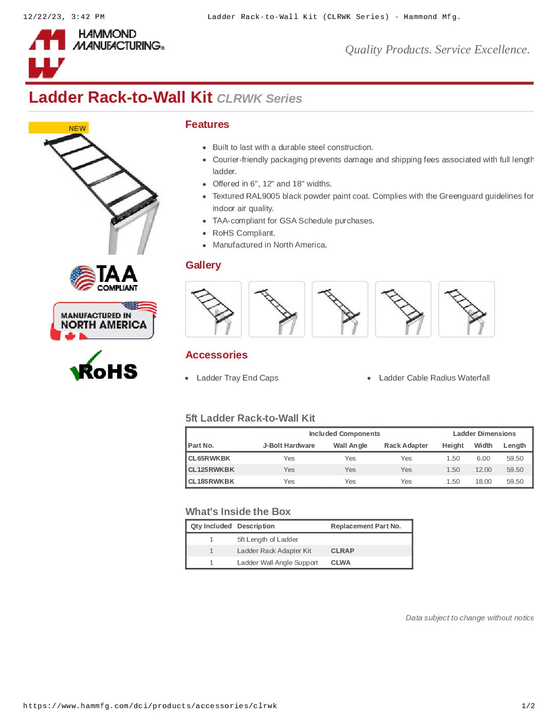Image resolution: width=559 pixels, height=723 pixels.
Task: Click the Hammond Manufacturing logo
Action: pos(96,52)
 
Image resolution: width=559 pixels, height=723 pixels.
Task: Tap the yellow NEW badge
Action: pos(59,128)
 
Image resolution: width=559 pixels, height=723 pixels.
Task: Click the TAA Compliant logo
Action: pos(104,278)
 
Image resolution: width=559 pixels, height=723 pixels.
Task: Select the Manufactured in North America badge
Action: pos(104,321)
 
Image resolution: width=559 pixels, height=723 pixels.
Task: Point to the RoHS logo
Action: pos(104,367)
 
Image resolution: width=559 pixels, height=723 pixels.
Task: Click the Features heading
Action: pos(207,124)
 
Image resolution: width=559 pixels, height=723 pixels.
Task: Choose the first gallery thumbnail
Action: pos(213,309)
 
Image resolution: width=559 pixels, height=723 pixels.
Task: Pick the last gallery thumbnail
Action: pos(467,309)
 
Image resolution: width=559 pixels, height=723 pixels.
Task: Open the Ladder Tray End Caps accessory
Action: pos(237,378)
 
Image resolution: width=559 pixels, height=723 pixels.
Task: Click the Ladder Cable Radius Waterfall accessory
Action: pos(434,378)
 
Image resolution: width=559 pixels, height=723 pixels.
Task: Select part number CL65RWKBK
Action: pos(209,459)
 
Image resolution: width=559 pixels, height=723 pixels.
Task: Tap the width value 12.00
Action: pos(483,470)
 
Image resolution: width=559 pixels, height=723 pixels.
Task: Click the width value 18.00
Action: pos(483,482)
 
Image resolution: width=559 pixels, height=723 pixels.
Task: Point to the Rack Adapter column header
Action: pos(406,446)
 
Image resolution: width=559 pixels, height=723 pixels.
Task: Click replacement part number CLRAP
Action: pos(343,551)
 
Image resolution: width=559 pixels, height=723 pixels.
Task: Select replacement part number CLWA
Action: pos(341,563)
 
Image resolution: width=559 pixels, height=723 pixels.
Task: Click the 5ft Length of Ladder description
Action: pos(268,540)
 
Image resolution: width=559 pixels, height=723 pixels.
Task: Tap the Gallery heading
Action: pos(203,265)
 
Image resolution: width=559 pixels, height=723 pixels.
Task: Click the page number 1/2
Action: pos(528,706)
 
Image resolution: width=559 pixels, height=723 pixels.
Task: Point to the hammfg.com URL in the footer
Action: pos(150,706)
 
